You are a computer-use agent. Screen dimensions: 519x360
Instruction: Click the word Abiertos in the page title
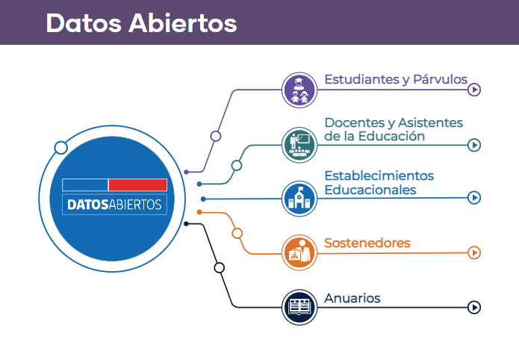pos(182,23)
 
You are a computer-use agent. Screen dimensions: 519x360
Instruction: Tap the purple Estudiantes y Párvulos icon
pos(299,90)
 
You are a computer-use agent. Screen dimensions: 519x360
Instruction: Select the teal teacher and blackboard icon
pos(299,145)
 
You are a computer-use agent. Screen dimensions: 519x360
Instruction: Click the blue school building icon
pos(299,199)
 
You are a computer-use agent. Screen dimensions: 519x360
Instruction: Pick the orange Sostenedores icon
pos(299,252)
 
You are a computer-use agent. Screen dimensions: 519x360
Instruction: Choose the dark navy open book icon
pos(299,307)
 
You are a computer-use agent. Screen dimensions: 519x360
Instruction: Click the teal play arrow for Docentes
pos(474,145)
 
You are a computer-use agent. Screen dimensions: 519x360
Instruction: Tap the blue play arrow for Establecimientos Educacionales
pos(474,198)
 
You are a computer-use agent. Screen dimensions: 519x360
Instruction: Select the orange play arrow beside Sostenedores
pos(474,252)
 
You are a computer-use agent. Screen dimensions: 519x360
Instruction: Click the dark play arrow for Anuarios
pos(474,307)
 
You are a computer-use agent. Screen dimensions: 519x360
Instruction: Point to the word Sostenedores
pos(367,243)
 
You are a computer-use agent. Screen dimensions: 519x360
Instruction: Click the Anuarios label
pos(352,298)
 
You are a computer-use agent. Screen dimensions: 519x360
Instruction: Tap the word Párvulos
pos(441,79)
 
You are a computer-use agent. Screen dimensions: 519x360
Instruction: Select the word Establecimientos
pos(379,176)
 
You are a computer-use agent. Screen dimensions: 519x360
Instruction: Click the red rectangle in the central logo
pos(137,184)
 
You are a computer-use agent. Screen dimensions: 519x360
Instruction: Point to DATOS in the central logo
pos(87,205)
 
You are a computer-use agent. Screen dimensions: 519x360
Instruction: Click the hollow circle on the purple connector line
pos(216,136)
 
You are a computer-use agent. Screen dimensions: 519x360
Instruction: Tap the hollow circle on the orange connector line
pos(237,234)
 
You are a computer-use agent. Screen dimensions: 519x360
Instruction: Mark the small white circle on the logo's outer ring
pos(61,148)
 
